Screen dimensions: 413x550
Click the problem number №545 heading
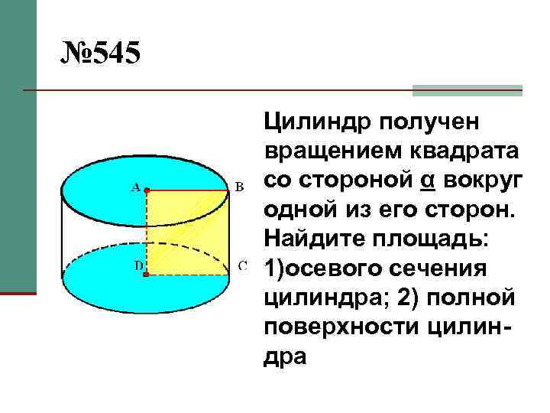coord(102,55)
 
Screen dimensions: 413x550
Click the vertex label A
coord(135,186)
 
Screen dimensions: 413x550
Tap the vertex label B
coord(238,186)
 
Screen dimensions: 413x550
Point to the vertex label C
coord(242,266)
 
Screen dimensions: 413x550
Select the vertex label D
coord(138,265)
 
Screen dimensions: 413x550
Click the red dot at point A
coord(146,188)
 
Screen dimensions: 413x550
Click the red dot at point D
coord(146,272)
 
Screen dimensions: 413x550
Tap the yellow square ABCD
coord(187,230)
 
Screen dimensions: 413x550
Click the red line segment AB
coord(187,188)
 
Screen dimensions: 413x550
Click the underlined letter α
coord(427,180)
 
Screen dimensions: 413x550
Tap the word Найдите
coord(308,239)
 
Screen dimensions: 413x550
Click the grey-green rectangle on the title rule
coord(467,90)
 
